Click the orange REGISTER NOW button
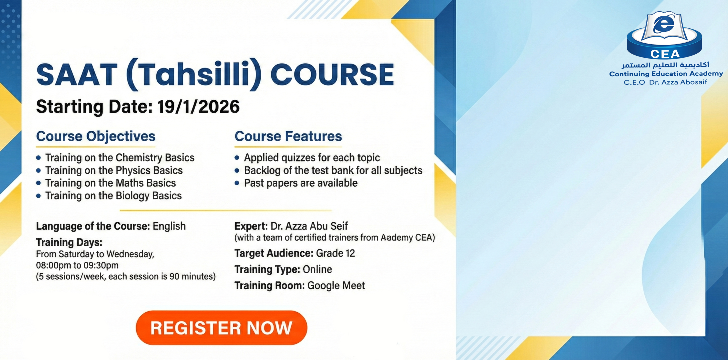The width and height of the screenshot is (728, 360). [x=221, y=328]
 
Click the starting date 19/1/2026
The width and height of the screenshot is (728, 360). [x=198, y=107]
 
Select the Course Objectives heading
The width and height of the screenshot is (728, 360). [x=95, y=136]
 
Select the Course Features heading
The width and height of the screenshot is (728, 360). [x=288, y=136]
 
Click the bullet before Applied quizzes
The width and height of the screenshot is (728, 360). [x=237, y=158]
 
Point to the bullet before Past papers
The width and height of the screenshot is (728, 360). [x=237, y=183]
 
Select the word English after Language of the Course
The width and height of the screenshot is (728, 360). [x=169, y=226]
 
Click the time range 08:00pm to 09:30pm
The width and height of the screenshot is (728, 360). [x=77, y=265]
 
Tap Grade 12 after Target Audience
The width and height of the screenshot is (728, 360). [x=335, y=253]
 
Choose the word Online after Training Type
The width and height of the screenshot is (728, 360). [x=317, y=269]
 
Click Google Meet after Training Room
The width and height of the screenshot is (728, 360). [x=336, y=285]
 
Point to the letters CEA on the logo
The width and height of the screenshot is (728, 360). [x=665, y=54]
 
